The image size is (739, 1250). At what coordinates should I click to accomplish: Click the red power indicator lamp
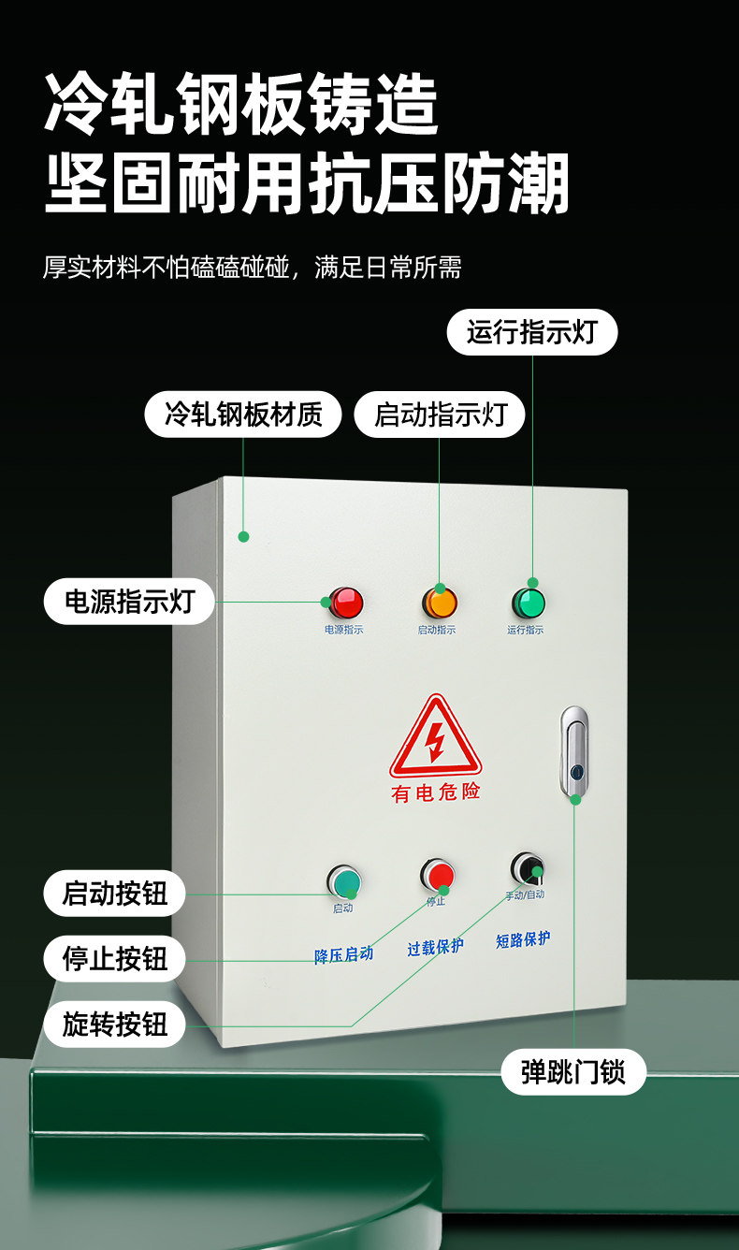345,602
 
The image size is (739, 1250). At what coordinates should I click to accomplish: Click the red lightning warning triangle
435,738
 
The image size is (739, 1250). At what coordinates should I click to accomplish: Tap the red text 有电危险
435,792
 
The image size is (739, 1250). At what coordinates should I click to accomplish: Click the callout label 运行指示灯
531,332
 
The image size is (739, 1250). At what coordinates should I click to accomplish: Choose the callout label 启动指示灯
439,414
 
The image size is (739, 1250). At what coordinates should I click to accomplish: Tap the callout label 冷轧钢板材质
243,414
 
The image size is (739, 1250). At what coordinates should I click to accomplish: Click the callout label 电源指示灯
129,602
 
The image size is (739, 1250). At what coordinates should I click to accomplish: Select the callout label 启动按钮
114,894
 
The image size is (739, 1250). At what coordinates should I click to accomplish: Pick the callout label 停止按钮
114,959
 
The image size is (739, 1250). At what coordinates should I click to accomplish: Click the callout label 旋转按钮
114,1025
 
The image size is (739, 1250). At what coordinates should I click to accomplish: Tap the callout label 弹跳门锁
572,1071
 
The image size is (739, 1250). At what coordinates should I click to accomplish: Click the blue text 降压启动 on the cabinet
343,954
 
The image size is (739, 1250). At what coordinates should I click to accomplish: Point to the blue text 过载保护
435,947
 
